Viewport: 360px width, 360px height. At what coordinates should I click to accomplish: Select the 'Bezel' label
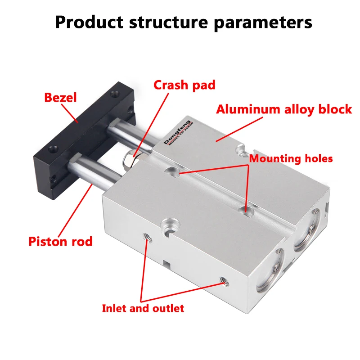(x=60, y=97)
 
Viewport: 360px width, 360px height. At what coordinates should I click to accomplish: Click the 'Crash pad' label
(x=184, y=85)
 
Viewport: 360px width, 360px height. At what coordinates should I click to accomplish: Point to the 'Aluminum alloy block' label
(x=284, y=109)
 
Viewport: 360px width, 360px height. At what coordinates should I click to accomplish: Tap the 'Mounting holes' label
(x=291, y=158)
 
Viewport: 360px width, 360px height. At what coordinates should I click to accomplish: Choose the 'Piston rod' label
(x=60, y=241)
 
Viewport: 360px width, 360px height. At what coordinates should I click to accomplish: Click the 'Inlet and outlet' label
(x=143, y=308)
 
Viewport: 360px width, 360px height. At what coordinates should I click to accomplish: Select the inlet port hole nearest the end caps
(x=221, y=282)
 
